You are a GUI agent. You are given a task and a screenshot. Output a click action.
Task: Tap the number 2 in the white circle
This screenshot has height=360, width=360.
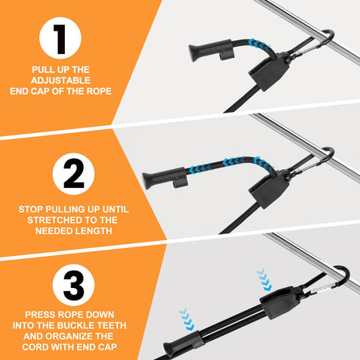pyautogui.click(x=74, y=175)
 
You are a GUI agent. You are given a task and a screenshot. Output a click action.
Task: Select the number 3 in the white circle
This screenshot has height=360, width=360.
pyautogui.click(x=74, y=286)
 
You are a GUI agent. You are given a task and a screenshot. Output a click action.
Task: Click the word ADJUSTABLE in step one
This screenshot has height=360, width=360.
pyautogui.click(x=60, y=81)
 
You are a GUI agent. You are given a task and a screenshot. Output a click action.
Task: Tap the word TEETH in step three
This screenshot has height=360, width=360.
pyautogui.click(x=112, y=326)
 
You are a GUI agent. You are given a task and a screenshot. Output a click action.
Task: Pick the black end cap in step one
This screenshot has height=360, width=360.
pyautogui.click(x=211, y=49)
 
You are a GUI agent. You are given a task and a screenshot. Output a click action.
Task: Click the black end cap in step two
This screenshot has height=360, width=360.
pyautogui.click(x=165, y=178)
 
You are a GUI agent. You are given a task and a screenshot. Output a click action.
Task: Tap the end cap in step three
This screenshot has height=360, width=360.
pyautogui.click(x=182, y=343)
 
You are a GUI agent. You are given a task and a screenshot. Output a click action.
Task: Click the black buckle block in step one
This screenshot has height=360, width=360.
pyautogui.click(x=269, y=72)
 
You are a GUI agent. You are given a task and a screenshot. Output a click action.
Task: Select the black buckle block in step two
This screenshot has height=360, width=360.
pyautogui.click(x=269, y=189)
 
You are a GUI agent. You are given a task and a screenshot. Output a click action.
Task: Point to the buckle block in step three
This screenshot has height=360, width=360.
pyautogui.click(x=279, y=302)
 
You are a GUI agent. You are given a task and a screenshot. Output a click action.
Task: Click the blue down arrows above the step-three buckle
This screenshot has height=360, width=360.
pyautogui.click(x=265, y=279)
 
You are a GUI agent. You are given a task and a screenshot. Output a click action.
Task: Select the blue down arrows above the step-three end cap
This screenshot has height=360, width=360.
pyautogui.click(x=187, y=319)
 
